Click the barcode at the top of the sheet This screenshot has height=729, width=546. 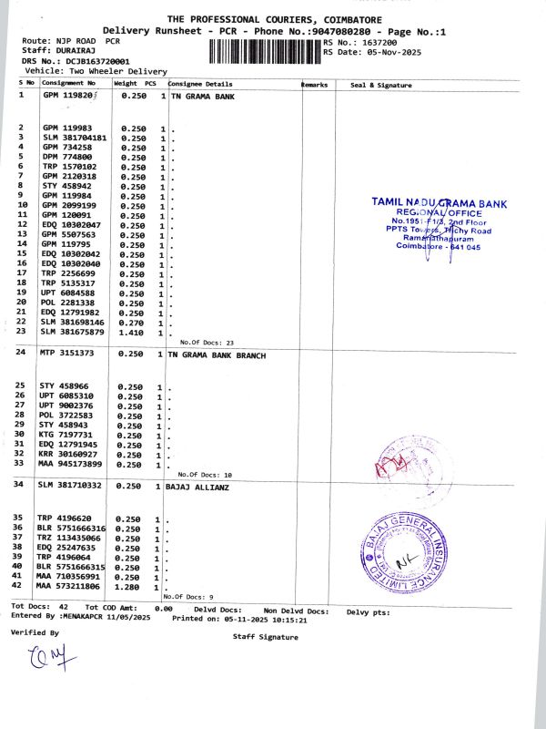pos(264,49)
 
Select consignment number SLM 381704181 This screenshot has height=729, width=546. pos(75,138)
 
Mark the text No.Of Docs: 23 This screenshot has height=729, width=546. pos(207,343)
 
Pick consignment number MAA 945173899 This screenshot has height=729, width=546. pos(75,465)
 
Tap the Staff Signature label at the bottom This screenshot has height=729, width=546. pos(265,637)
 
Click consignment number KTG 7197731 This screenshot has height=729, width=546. pos(67,436)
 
